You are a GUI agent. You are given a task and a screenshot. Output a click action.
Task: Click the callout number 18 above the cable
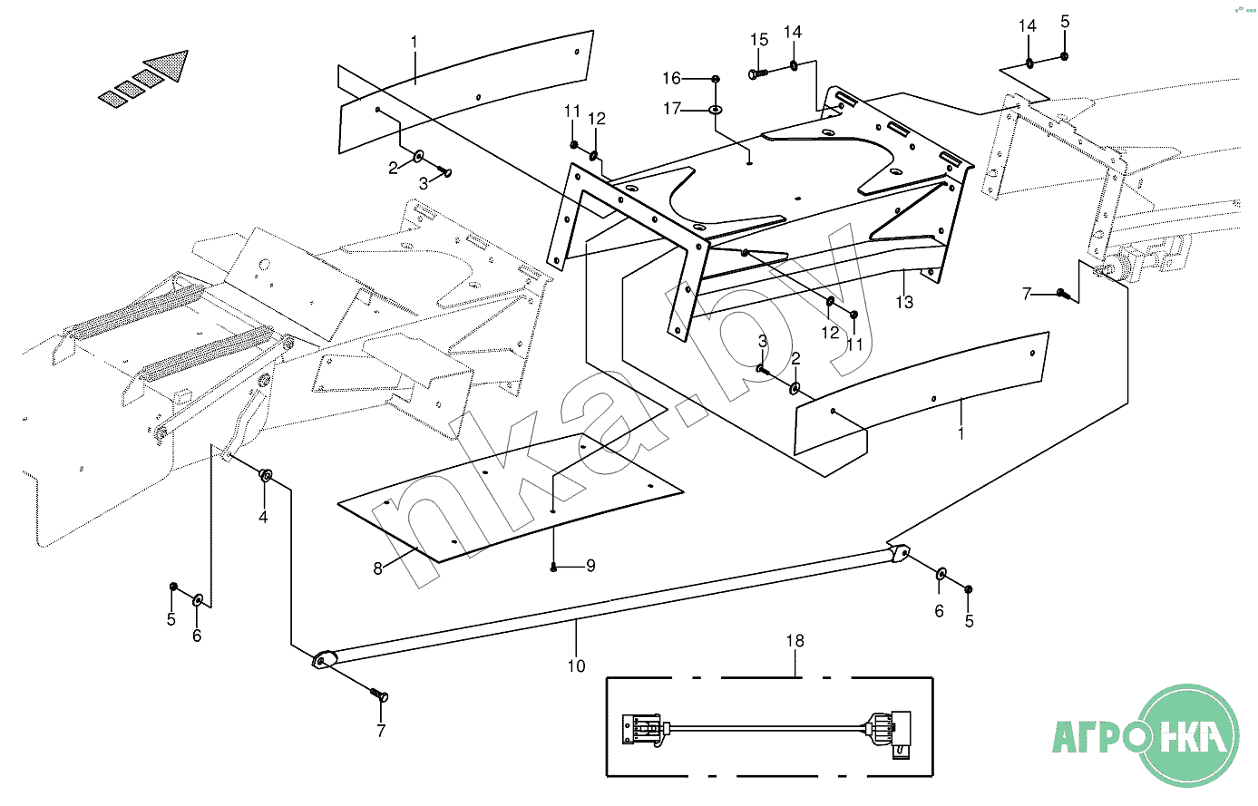[x=795, y=641]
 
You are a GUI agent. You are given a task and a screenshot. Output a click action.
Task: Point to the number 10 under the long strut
[x=576, y=666]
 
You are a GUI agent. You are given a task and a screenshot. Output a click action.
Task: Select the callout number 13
[x=904, y=302]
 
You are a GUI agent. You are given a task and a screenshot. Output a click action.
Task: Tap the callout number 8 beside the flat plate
[x=378, y=569]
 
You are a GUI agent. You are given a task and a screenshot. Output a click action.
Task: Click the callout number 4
[x=263, y=518]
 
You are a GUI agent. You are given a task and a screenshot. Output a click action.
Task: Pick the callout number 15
[x=759, y=40]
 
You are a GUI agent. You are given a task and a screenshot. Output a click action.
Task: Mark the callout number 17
[x=671, y=109]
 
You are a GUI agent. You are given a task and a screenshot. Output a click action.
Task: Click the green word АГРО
[x=1092, y=735]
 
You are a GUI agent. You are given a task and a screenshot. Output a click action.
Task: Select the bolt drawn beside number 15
[x=758, y=73]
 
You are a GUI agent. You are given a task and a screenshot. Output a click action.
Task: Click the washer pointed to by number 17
[x=716, y=111]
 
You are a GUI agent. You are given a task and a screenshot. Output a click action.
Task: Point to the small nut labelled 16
[x=716, y=79]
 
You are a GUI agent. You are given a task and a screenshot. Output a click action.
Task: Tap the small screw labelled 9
[x=553, y=568]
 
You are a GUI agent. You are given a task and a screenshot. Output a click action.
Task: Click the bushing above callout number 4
[x=267, y=475]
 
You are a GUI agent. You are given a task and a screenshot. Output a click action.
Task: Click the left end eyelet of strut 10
[x=323, y=660]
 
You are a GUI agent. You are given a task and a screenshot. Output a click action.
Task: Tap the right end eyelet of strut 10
[x=901, y=552]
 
